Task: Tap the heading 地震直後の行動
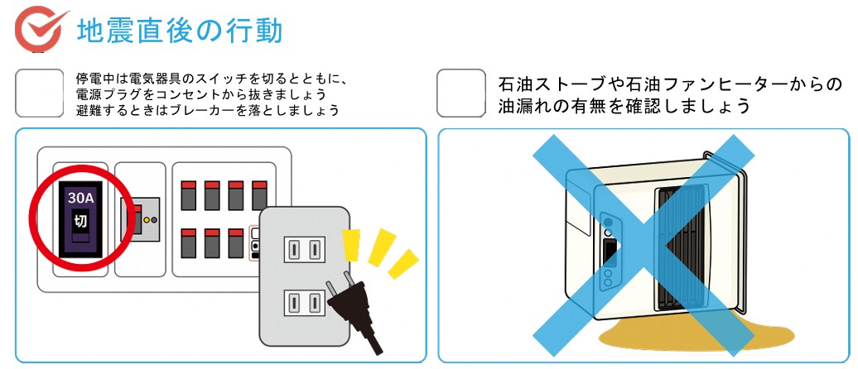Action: pyautogui.click(x=180, y=30)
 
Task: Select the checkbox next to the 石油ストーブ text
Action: pyautogui.click(x=461, y=93)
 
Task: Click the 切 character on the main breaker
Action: pyautogui.click(x=80, y=221)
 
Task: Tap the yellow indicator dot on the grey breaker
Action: pyautogui.click(x=146, y=221)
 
